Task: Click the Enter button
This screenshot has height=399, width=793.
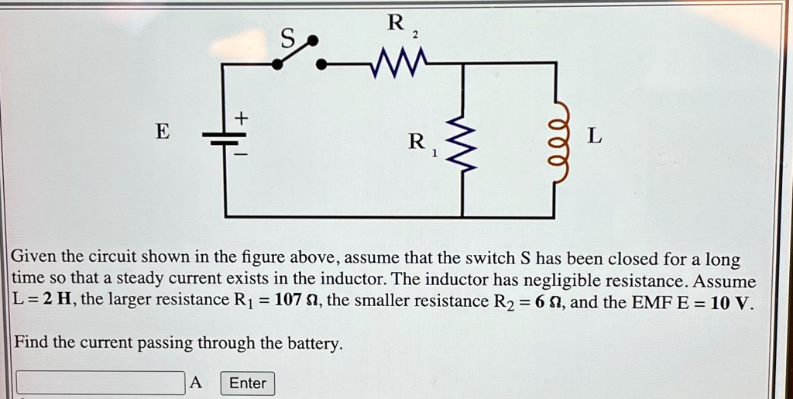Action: pyautogui.click(x=248, y=383)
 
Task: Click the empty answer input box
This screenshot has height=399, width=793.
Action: pyautogui.click(x=101, y=383)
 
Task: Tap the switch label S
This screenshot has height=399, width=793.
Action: pyautogui.click(x=287, y=38)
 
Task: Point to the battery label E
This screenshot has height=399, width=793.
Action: pyautogui.click(x=162, y=132)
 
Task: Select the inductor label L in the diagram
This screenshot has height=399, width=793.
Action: pyautogui.click(x=593, y=136)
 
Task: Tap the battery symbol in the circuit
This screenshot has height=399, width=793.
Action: pyautogui.click(x=225, y=139)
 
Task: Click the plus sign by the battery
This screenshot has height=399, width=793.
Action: pyautogui.click(x=242, y=118)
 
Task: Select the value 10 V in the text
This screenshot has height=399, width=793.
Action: pyautogui.click(x=730, y=301)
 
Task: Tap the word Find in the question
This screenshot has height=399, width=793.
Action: pyautogui.click(x=32, y=342)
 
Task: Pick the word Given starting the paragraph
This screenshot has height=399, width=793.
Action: pyautogui.click(x=35, y=258)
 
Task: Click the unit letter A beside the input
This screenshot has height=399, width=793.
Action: pyautogui.click(x=196, y=382)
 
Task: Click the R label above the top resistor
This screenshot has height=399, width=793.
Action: pyautogui.click(x=395, y=23)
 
